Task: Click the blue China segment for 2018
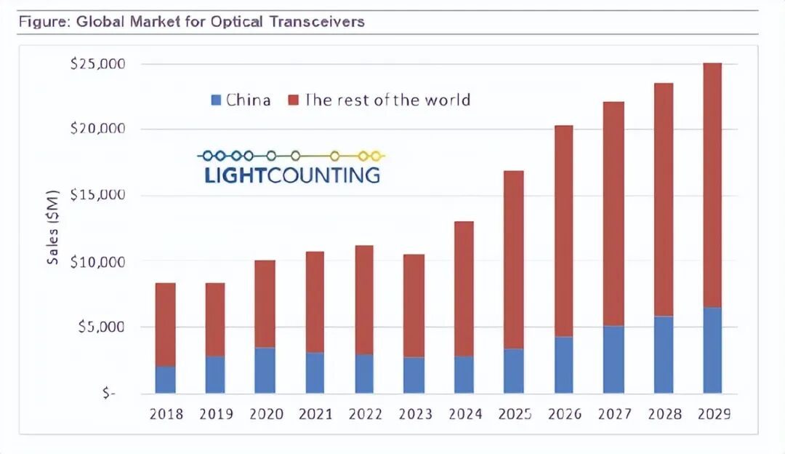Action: pyautogui.click(x=165, y=379)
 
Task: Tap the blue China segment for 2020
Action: pyautogui.click(x=265, y=370)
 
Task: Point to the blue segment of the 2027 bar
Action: pyautogui.click(x=613, y=359)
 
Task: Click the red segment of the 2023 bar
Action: pyautogui.click(x=414, y=306)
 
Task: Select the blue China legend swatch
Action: pyautogui.click(x=215, y=100)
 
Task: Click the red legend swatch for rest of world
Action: pyautogui.click(x=293, y=100)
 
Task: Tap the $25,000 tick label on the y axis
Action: pyautogui.click(x=98, y=64)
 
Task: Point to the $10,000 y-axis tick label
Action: pyautogui.click(x=98, y=261)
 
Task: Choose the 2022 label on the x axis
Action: pyautogui.click(x=364, y=415)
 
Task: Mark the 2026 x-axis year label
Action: pyautogui.click(x=564, y=415)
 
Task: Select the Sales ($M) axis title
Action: pyautogui.click(x=53, y=228)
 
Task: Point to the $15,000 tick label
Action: pyautogui.click(x=98, y=196)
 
